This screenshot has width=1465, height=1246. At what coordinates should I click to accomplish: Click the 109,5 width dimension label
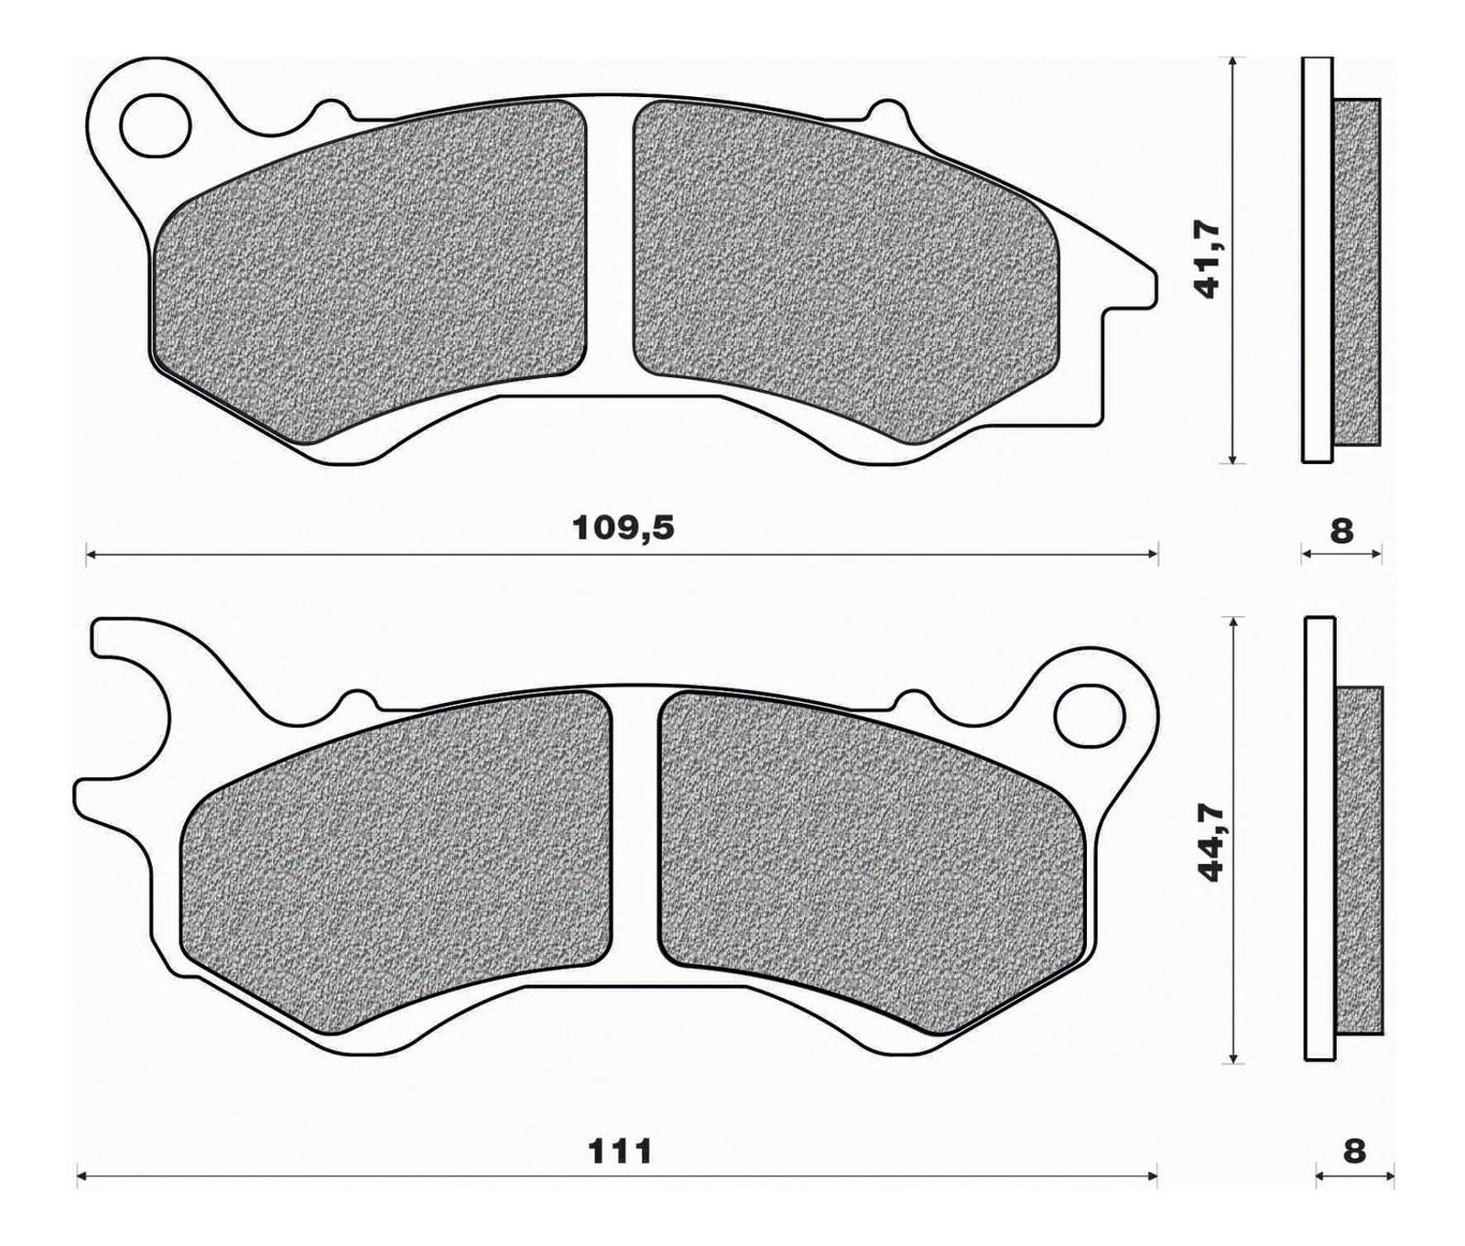(x=623, y=528)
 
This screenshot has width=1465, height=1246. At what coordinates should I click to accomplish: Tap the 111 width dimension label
(x=622, y=1151)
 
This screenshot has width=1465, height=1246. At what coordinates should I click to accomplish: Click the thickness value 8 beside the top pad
(x=1340, y=530)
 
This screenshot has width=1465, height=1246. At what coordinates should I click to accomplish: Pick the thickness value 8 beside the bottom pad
(x=1354, y=1152)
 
